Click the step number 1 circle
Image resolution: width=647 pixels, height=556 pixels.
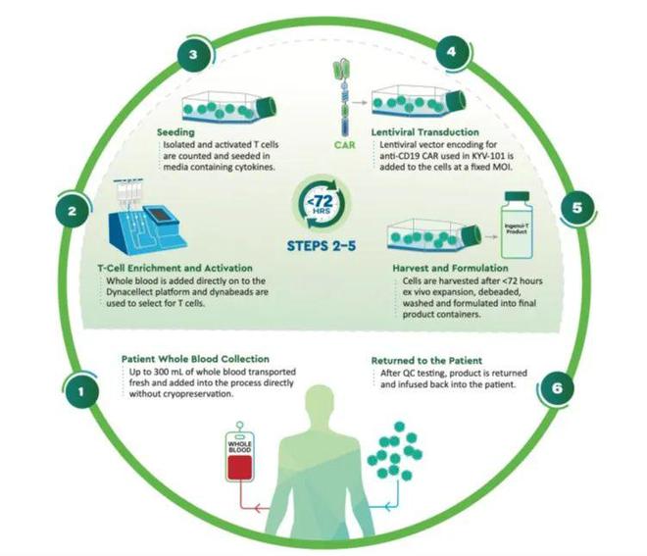point(80,390)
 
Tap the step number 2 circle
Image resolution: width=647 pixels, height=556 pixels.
point(73,211)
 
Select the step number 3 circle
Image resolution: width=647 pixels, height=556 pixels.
point(194,55)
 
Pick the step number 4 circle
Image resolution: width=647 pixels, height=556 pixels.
point(452,52)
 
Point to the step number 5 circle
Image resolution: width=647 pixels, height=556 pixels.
point(577,208)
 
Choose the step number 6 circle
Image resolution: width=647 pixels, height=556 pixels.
point(558,388)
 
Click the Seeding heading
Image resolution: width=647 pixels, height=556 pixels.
point(175,132)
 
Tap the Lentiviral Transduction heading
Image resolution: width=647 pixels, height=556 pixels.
point(425,132)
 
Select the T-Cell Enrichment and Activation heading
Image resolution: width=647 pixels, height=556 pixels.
point(174,268)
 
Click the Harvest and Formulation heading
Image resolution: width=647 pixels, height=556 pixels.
point(450,268)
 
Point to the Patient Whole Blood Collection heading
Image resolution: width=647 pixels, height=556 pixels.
point(195,359)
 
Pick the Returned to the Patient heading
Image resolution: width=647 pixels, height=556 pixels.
point(426,360)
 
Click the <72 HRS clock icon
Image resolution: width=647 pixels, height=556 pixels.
point(322,202)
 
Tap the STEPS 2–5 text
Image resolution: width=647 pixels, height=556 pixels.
point(322,246)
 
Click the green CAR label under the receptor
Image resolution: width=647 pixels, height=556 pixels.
point(344,145)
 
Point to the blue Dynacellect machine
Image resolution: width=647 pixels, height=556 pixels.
point(147,219)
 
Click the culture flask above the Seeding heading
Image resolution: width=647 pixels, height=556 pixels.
point(229,107)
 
